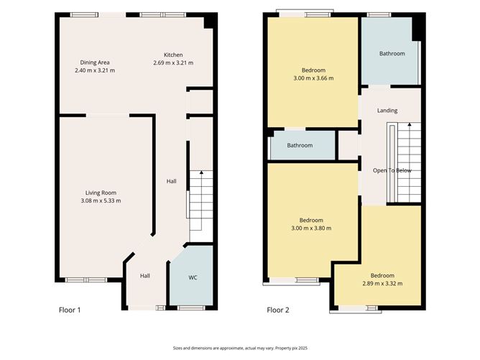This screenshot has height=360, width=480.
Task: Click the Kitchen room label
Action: [173, 55]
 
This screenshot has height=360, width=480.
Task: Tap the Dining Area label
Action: [95, 63]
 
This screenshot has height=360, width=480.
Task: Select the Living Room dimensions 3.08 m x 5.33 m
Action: [101, 200]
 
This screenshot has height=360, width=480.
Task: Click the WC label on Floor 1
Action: [193, 277]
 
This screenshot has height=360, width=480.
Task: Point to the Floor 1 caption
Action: [70, 310]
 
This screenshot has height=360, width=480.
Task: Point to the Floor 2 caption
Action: [278, 310]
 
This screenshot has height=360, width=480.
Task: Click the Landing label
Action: [387, 111]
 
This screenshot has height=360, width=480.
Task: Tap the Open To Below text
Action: [392, 170]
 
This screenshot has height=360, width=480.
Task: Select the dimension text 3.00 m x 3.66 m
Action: [313, 78]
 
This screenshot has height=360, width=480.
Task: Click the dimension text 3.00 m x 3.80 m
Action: [311, 228]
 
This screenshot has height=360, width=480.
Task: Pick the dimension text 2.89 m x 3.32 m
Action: [382, 283]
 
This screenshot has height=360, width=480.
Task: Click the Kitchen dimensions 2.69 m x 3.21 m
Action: [173, 63]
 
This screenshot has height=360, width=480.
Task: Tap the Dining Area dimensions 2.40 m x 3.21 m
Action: [95, 70]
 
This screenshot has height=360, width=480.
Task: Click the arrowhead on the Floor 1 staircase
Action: [201, 172]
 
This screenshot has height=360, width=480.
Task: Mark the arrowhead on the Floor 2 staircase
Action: [410, 124]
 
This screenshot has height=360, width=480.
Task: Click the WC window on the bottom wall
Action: [191, 308]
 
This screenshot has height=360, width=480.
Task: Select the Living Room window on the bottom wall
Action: [86, 280]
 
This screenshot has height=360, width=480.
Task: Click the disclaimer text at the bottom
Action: [240, 348]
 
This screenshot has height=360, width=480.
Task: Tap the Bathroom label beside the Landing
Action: [392, 54]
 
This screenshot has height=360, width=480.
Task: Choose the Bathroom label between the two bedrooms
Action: [300, 145]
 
